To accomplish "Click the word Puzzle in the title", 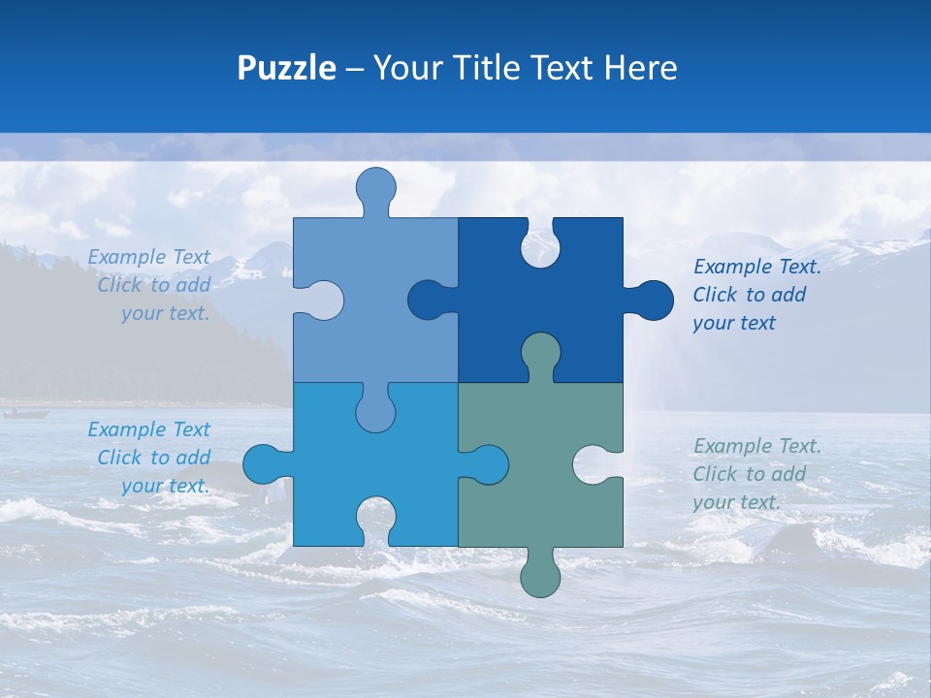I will click(286, 68).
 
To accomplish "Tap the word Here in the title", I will click(640, 68).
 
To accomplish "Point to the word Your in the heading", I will click(406, 68).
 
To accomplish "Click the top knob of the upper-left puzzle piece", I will click(375, 188).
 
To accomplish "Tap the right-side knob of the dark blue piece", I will click(653, 301).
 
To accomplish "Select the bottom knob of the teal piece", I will click(540, 576).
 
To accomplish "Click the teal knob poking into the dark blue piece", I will click(540, 353).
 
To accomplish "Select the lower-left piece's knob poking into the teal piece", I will click(487, 464).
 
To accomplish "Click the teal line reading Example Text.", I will click(756, 446).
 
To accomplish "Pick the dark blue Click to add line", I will click(749, 295).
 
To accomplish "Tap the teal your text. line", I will click(736, 502).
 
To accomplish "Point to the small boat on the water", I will click(25, 414).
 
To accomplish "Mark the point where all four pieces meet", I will click(458, 382).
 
